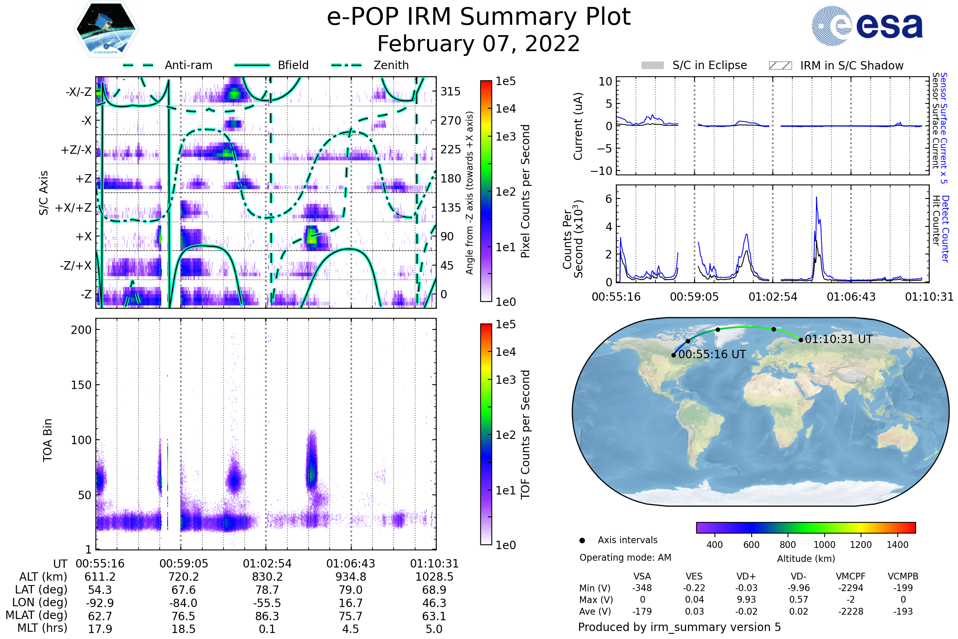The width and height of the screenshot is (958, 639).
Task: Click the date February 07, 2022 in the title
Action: [478, 44]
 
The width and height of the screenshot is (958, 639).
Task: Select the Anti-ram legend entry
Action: [188, 65]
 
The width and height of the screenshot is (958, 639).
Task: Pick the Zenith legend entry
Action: [391, 65]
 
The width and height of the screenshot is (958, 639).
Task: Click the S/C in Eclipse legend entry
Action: [709, 65]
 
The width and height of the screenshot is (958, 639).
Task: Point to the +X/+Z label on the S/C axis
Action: [73, 208]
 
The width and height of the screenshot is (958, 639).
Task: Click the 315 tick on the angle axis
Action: [450, 91]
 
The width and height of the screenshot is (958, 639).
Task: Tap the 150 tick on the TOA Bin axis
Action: [81, 385]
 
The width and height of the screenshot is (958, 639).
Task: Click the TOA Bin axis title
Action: [47, 440]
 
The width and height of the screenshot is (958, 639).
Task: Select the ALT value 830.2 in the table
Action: [267, 577]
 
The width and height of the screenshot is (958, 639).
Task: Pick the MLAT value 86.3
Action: [267, 616]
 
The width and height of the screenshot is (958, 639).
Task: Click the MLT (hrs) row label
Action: [42, 628]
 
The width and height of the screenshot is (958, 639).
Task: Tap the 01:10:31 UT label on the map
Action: [838, 339]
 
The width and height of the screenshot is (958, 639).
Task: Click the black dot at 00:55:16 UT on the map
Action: [674, 355]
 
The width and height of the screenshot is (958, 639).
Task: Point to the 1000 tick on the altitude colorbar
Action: [824, 545]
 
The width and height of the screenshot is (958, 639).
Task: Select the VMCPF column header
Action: [851, 576]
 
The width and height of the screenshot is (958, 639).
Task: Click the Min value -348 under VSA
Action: [642, 588]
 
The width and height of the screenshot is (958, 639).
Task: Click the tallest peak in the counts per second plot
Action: [816, 198]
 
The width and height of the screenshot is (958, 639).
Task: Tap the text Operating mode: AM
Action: [625, 558]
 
